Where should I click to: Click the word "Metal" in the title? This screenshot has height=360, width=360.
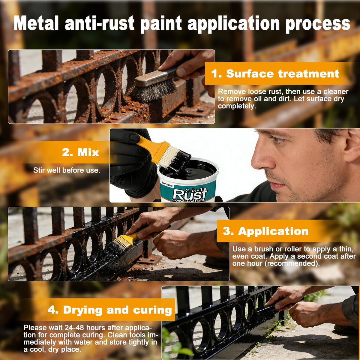(x=36, y=23)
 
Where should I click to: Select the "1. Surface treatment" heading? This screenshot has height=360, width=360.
(x=275, y=73)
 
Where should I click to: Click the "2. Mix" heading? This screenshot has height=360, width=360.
(x=80, y=152)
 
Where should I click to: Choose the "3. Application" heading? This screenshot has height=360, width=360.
(x=265, y=231)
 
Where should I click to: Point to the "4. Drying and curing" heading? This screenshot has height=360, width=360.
(x=110, y=310)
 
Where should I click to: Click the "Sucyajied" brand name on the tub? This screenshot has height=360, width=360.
(x=167, y=184)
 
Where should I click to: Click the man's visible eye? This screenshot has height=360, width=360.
(x=276, y=139)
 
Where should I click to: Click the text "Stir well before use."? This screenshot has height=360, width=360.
(x=67, y=170)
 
